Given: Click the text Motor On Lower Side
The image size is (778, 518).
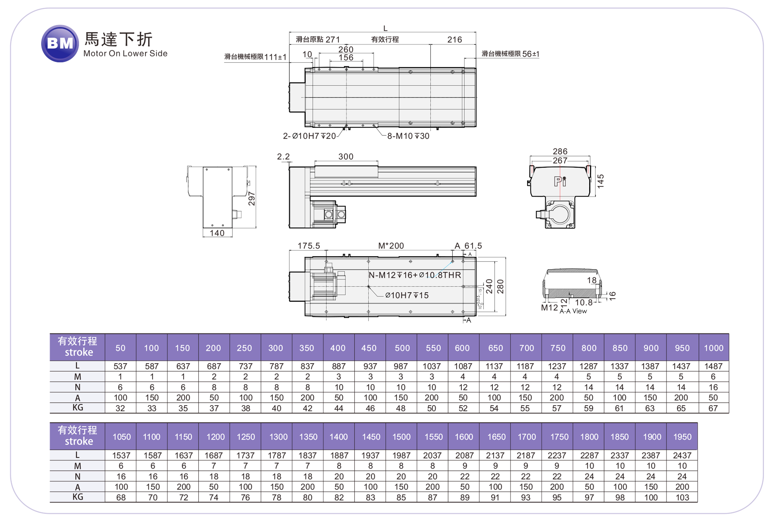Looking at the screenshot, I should coord(125,54).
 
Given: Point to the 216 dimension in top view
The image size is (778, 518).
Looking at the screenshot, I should coord(455,40).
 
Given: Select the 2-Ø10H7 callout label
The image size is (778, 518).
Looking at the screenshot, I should coord(309,136).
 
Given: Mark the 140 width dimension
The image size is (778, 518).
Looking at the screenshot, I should coord(217,233).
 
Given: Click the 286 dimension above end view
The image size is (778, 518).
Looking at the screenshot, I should coord(560,151).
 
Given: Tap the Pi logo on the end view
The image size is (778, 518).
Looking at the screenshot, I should coord(560,181).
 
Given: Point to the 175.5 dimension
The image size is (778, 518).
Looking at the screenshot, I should coord(309,246).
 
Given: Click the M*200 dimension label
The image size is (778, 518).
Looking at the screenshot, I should coord(391,246).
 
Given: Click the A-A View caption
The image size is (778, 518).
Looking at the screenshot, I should coord(573,311).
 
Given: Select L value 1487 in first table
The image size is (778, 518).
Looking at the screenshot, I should coord(714,366).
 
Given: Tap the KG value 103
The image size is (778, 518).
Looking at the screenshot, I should coord(682,497).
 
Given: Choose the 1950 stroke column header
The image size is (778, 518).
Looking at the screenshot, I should coord(682,437).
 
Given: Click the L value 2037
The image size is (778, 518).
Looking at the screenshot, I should coord(432,456).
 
